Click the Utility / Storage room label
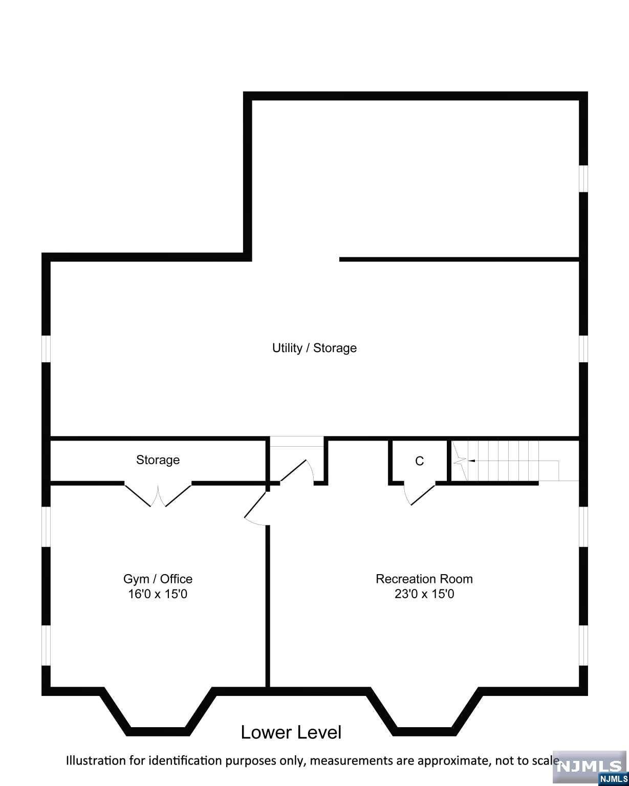[314, 348]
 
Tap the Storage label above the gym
[158, 460]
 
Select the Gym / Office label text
[158, 579]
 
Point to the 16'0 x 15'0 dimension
[158, 594]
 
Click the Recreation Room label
[424, 579]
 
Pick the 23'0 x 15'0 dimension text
[424, 594]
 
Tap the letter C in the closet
[419, 461]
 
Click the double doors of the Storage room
[158, 496]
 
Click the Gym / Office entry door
[256, 508]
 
